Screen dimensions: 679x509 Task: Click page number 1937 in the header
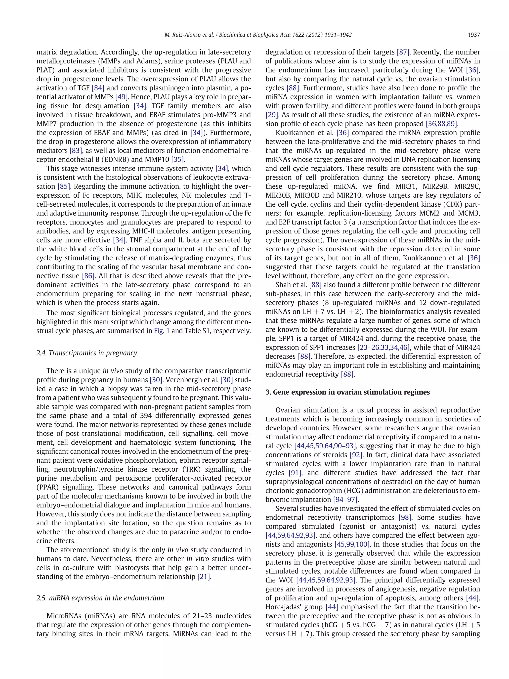473,35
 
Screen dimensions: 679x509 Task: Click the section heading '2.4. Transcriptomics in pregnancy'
86,353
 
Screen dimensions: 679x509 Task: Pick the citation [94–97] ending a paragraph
345,500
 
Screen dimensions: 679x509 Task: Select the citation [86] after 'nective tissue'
88,276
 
